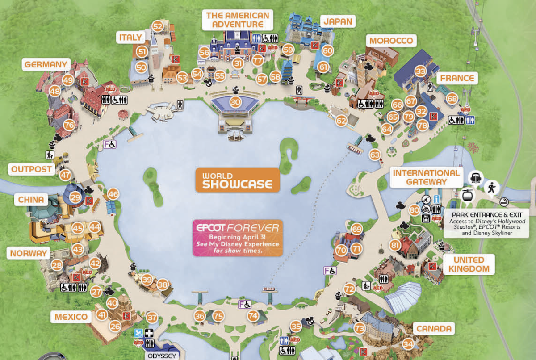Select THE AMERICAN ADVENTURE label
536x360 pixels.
(238, 20)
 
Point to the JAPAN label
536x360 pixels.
(338, 21)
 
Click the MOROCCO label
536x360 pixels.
(391, 41)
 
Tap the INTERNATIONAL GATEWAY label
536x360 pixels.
(426, 177)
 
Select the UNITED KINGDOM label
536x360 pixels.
(468, 264)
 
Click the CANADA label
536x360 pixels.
(434, 329)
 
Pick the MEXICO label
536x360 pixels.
(71, 317)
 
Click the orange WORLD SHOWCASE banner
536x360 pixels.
(237, 180)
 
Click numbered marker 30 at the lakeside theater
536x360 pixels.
(235, 102)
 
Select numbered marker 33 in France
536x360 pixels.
(420, 71)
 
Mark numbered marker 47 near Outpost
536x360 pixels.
(66, 175)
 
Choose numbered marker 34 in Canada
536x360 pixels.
(407, 344)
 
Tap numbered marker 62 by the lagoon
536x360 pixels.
(341, 120)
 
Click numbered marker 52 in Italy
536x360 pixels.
(158, 26)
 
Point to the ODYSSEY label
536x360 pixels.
(162, 356)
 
